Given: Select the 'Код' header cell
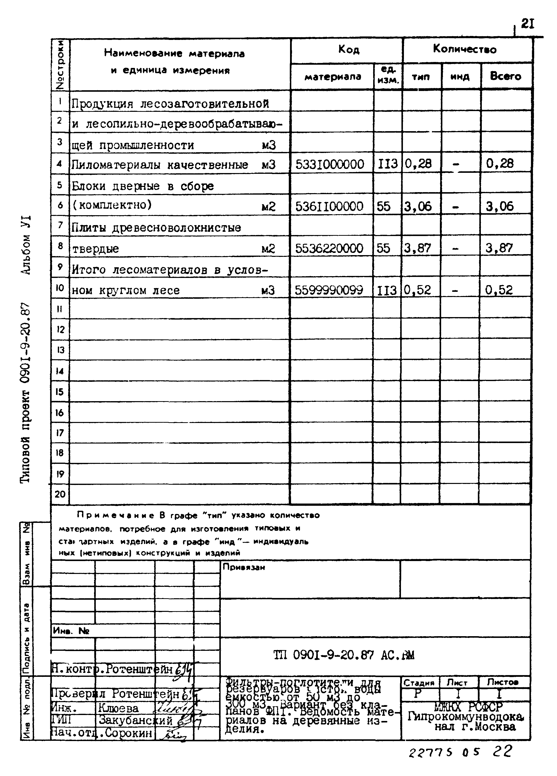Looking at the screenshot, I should [x=349, y=50].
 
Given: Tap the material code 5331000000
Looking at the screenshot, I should [x=330, y=164].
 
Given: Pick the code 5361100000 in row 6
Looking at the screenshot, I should [x=329, y=206].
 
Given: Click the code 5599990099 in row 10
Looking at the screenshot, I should [x=329, y=290].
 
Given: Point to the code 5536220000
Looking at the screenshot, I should [x=329, y=248].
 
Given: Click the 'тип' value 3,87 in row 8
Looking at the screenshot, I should [x=418, y=248].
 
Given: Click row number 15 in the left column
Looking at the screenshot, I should [x=60, y=392].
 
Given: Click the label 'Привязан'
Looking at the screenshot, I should [x=244, y=567].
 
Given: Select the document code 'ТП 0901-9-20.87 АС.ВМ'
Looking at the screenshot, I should [x=344, y=655].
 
